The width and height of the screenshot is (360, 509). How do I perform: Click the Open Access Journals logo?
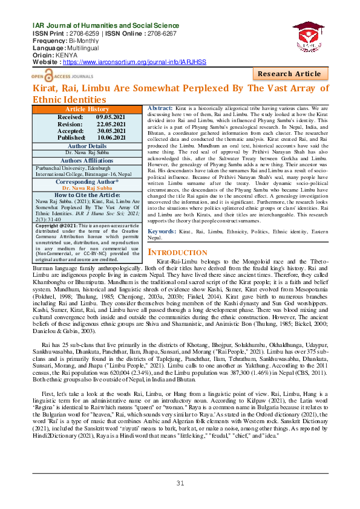coord(59,77)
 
